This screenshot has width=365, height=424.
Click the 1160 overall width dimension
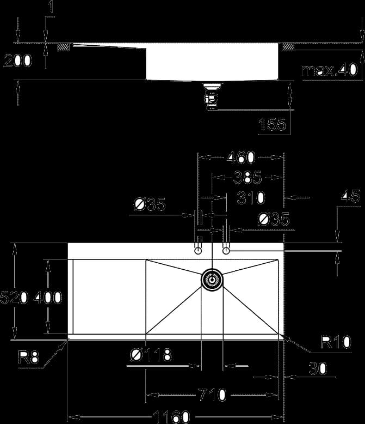171,417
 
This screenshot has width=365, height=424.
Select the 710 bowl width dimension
212,395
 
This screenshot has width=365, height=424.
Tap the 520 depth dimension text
14,298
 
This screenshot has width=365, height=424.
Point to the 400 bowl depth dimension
48,298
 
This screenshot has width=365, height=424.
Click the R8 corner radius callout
29,357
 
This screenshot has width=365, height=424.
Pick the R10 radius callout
336,342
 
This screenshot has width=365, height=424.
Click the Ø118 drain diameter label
151,355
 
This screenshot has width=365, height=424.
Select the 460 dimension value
240,158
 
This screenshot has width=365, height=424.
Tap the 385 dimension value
248,177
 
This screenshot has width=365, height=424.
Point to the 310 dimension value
251,198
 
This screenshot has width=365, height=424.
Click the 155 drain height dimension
272,124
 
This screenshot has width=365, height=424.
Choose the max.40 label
330,70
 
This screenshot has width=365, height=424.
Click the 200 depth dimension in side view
17,60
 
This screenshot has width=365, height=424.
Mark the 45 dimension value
350,196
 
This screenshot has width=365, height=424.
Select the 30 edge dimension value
318,368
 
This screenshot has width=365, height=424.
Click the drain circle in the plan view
212,280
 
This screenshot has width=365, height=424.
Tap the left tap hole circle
198,251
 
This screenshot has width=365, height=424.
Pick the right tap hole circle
226,251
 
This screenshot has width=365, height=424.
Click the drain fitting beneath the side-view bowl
212,96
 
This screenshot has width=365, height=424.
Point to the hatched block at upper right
288,47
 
